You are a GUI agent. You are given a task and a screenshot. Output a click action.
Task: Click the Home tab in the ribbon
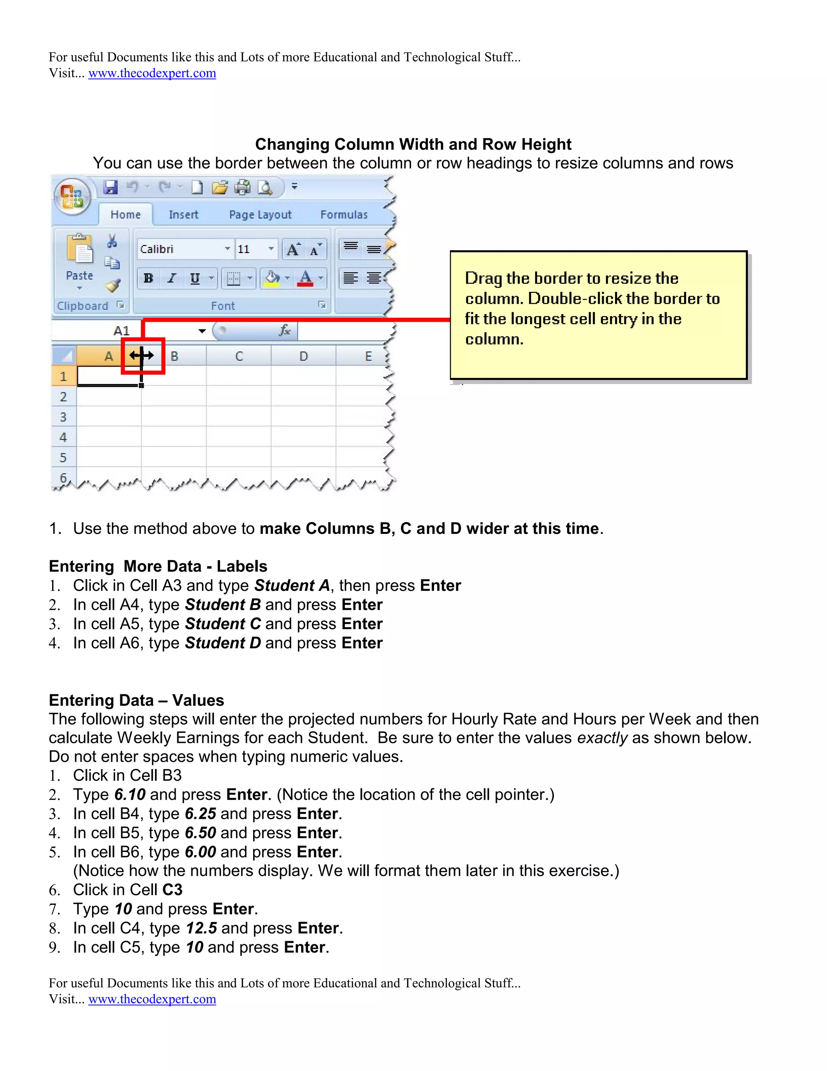click(126, 214)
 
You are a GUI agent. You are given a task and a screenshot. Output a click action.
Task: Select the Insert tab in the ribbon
click(183, 214)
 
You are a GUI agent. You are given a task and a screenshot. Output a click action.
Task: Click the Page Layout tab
click(260, 214)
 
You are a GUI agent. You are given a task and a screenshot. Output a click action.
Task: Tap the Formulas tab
click(344, 214)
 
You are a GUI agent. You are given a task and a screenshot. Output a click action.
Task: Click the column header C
click(239, 356)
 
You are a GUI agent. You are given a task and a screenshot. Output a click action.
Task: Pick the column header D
click(304, 356)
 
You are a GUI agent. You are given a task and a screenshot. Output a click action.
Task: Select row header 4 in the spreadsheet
click(63, 437)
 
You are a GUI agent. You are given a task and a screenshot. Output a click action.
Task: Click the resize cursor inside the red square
click(142, 355)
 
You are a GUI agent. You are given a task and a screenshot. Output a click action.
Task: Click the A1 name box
click(122, 331)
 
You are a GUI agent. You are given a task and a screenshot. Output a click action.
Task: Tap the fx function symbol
click(285, 331)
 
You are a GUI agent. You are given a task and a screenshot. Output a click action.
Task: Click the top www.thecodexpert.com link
click(152, 73)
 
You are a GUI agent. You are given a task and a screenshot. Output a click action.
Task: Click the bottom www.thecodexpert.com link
click(152, 999)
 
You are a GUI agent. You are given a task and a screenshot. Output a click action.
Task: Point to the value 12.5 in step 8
click(202, 928)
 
